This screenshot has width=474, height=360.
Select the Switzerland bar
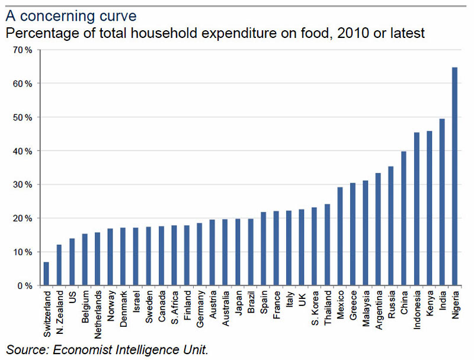point(46,273)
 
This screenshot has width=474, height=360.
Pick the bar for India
point(442,202)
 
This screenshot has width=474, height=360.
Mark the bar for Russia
point(391,226)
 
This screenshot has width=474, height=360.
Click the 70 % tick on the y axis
point(23,50)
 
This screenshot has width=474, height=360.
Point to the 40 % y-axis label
point(23,151)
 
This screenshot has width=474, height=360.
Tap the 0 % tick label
point(25,286)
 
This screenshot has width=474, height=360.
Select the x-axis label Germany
point(200,309)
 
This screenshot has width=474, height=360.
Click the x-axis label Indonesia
point(417,311)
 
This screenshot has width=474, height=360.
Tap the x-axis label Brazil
point(251,305)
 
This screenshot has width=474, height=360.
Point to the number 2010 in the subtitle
point(342,33)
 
